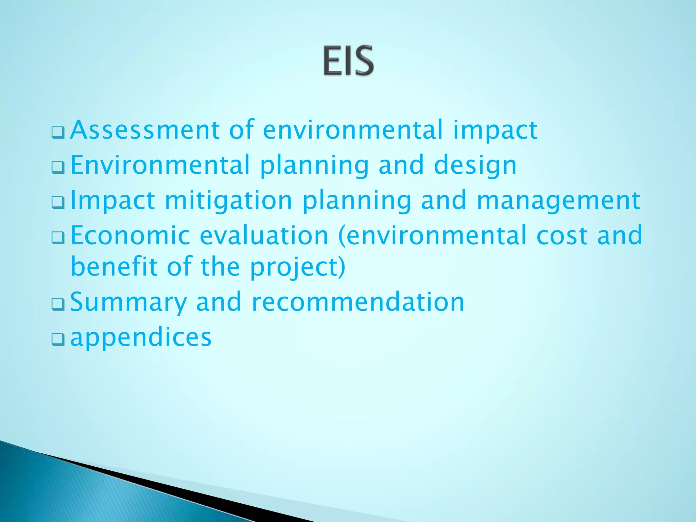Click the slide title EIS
[x=348, y=61]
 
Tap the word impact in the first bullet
[x=495, y=131]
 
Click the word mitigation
[x=228, y=201]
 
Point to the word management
[x=558, y=201]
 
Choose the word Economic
[x=130, y=235]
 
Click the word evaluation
[x=264, y=235]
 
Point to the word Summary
[x=128, y=302]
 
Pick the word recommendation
[x=358, y=302]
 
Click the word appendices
[x=141, y=338]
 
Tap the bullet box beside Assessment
[x=58, y=132]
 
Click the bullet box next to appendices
[x=58, y=339]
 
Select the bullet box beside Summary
[x=58, y=304]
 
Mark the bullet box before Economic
[x=58, y=238]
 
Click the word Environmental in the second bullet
[x=160, y=165]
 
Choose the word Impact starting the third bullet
[x=112, y=201]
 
